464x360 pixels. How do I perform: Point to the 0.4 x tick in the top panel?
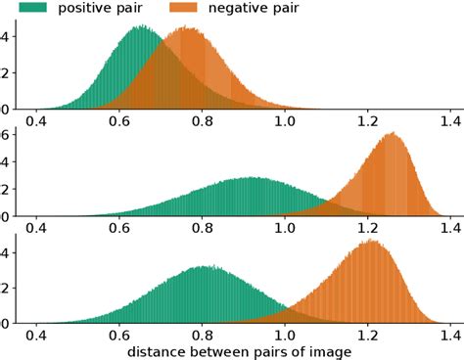click(x=38, y=122)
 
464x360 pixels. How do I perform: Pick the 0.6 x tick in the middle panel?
click(x=120, y=228)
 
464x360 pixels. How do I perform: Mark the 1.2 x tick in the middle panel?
click(x=367, y=228)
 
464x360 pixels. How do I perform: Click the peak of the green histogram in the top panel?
click(x=142, y=26)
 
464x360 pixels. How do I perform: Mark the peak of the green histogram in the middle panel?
click(x=253, y=178)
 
